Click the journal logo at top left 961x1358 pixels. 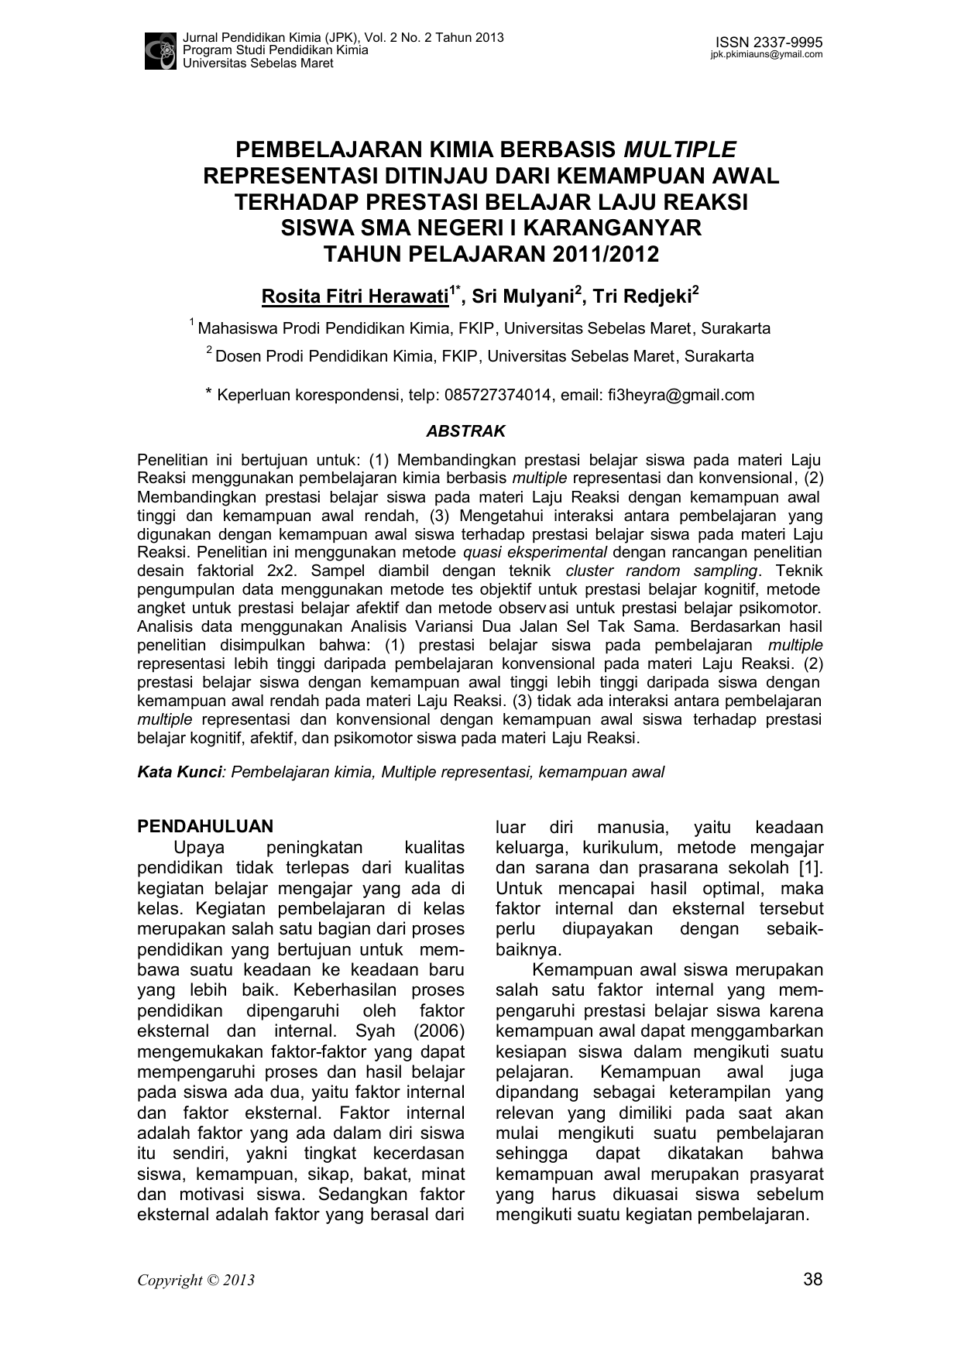160,50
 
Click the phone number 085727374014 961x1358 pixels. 498,396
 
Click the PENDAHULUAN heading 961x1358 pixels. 205,827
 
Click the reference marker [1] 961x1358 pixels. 809,868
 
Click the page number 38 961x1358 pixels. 813,1279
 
